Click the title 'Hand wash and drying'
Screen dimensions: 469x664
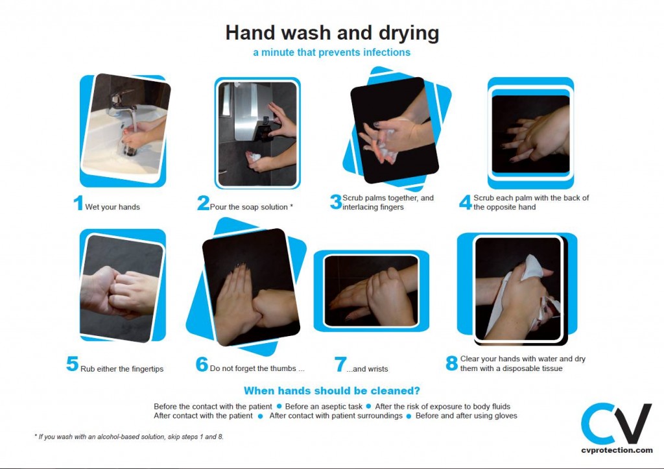[332, 32]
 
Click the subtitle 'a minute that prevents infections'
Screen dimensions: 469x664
[331, 53]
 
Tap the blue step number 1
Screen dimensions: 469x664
[78, 203]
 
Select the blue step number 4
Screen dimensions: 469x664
[465, 202]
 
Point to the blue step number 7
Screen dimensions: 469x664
[340, 365]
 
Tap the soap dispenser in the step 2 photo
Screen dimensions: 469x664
[250, 117]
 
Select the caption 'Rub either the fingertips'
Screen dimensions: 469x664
[122, 369]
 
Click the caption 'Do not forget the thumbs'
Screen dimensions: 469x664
[257, 368]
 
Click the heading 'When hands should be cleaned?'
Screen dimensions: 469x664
[331, 391]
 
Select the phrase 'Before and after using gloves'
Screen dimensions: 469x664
[466, 416]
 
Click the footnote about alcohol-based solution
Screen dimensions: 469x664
[128, 437]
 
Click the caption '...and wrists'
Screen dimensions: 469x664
[367, 368]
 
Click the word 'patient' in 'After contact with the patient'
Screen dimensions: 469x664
[238, 416]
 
